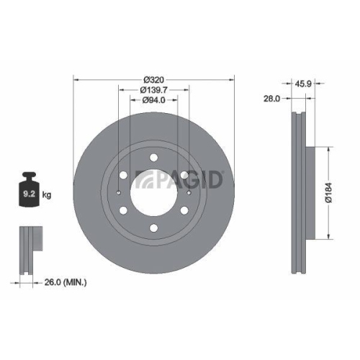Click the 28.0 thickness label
click(x=271, y=99)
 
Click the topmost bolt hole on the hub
click(x=154, y=156)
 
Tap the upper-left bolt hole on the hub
click(x=123, y=175)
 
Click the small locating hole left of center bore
click(x=119, y=193)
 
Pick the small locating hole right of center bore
click(x=189, y=193)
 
